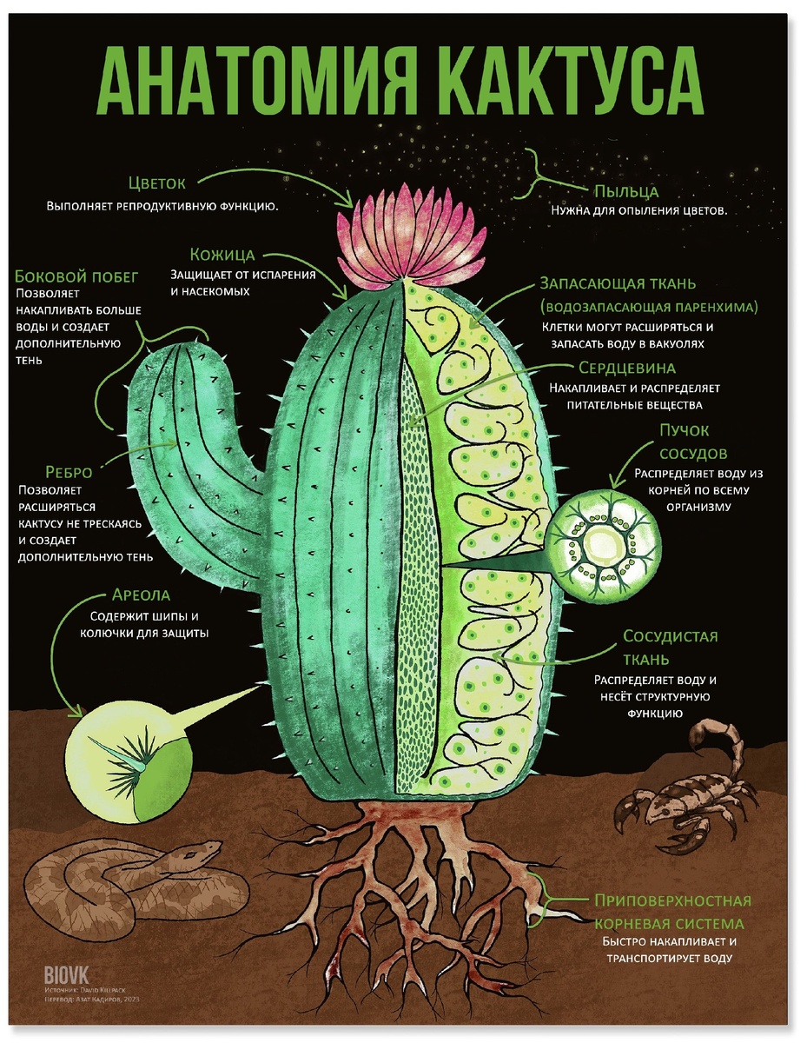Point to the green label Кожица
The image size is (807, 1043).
[222, 255]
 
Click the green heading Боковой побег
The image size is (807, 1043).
[76, 276]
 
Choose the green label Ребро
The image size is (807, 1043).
[54, 472]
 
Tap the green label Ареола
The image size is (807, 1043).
[141, 596]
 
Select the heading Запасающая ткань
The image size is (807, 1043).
[618, 284]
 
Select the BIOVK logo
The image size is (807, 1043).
[66, 973]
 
